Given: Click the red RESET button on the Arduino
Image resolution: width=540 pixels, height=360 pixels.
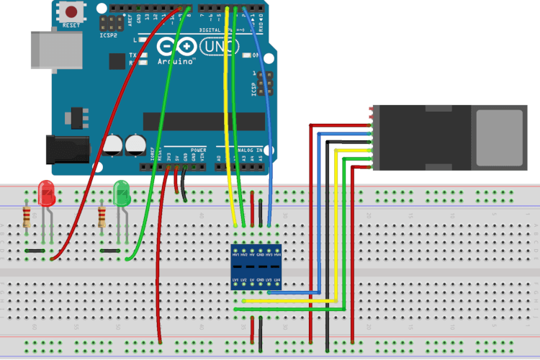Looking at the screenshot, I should pyautogui.click(x=72, y=12).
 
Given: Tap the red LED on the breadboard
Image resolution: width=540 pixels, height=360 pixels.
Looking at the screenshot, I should pyautogui.click(x=47, y=193).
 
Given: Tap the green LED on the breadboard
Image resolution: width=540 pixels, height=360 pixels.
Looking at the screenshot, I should pyautogui.click(x=121, y=193).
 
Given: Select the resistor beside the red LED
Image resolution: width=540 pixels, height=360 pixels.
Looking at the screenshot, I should pyautogui.click(x=27, y=216).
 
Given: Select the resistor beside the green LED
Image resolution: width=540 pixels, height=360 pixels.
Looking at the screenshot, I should pyautogui.click(x=102, y=216).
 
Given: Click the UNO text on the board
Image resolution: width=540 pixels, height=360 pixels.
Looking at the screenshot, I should pyautogui.click(x=214, y=47).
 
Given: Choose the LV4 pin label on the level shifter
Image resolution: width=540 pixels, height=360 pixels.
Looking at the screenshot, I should pyautogui.click(x=277, y=279).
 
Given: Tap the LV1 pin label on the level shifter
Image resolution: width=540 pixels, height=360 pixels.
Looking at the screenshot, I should pyautogui.click(x=235, y=279).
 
